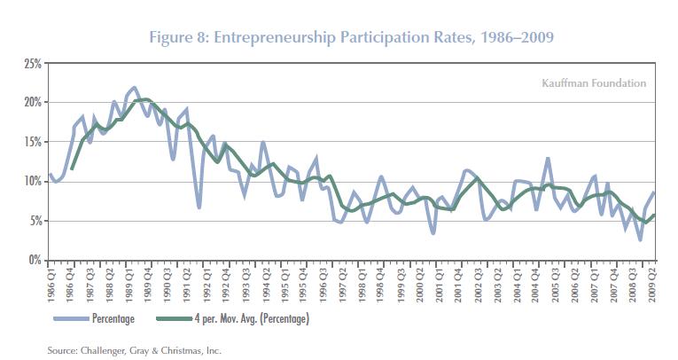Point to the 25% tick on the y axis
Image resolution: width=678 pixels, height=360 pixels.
(33, 64)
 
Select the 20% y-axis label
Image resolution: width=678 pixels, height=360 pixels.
(33, 103)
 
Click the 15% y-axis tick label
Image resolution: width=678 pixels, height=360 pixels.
(33, 142)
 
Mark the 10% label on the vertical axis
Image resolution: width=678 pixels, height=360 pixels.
(33, 182)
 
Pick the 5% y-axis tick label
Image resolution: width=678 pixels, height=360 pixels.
(35, 221)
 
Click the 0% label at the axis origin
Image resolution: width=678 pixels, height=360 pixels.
(35, 260)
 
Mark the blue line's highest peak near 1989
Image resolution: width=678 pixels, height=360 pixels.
(133, 88)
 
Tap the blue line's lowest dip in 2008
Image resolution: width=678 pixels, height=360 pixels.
(640, 239)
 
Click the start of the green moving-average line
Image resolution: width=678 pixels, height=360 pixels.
(72, 168)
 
